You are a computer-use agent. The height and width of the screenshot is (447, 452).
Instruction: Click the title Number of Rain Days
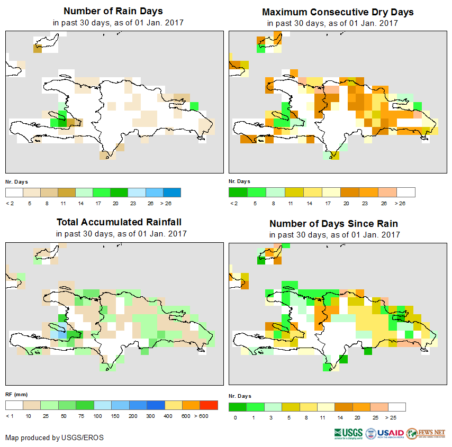click(113, 11)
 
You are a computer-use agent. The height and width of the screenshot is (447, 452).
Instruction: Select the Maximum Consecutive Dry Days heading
click(338, 12)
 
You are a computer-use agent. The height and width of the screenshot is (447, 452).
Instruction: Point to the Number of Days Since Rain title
click(333, 223)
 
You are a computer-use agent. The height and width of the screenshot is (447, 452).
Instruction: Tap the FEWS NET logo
click(426, 433)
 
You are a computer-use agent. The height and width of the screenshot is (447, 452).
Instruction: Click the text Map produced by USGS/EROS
click(55, 437)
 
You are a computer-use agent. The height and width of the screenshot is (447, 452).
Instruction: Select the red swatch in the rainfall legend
click(209, 405)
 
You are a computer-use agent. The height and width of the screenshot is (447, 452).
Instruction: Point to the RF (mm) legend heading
click(16, 394)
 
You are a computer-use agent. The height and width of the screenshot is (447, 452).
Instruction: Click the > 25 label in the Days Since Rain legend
click(396, 417)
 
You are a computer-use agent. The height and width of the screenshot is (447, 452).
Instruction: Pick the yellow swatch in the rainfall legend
click(173, 405)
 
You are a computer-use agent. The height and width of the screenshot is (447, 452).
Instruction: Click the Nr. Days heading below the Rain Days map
click(17, 181)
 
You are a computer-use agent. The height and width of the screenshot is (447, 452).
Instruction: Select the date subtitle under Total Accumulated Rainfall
click(121, 234)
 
